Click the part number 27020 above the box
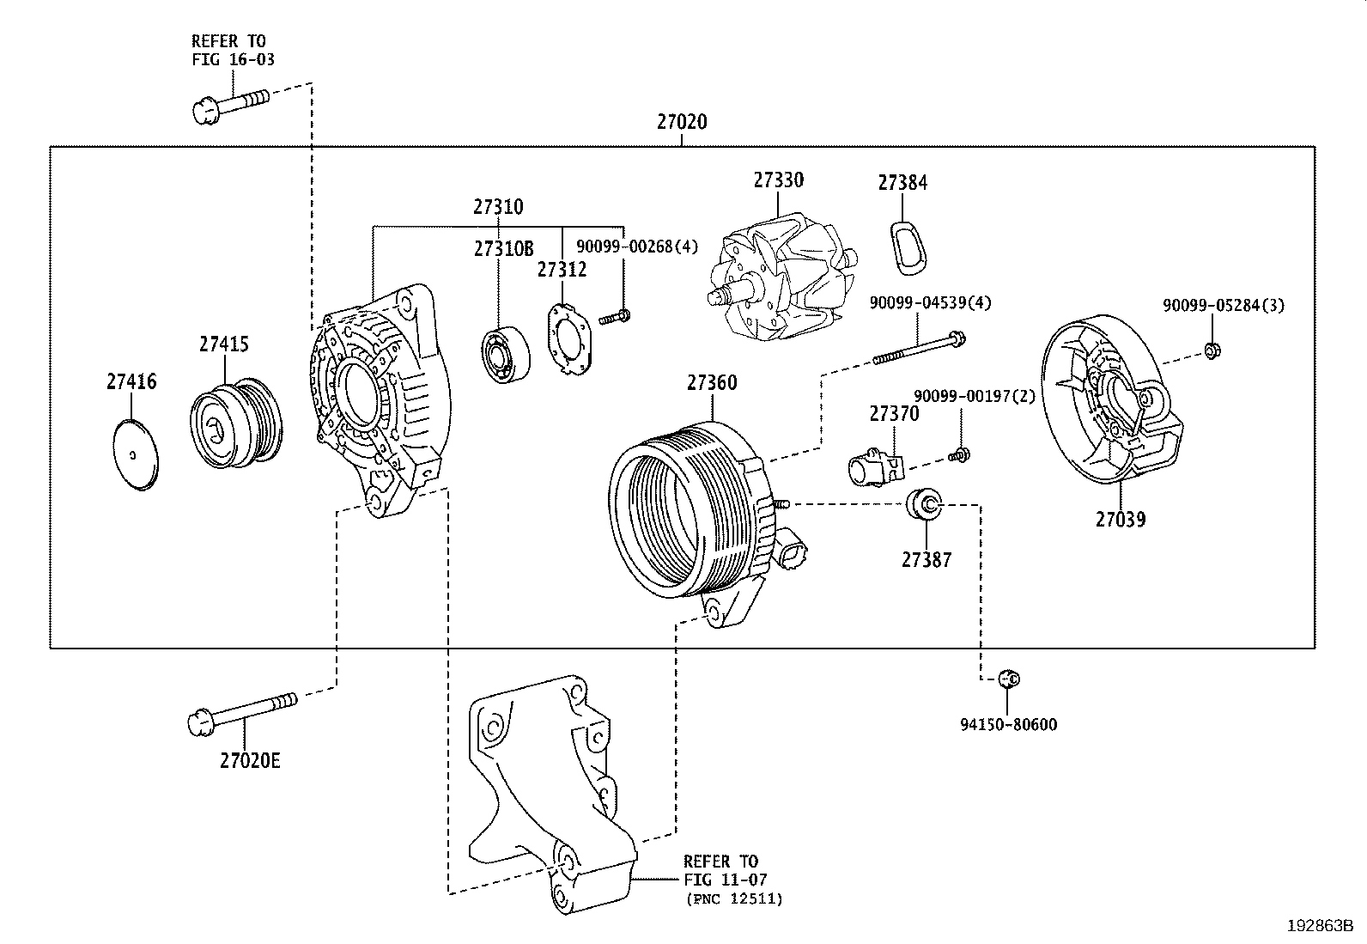point(682,122)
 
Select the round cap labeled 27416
point(137,455)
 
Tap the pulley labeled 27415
point(235,422)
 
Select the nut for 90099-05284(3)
point(1212,350)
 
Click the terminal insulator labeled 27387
point(926,504)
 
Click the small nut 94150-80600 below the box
point(1009,679)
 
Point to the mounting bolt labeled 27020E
point(241,712)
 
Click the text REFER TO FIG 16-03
point(228,50)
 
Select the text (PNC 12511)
point(733,899)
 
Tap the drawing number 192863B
point(1319,926)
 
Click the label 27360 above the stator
point(711,382)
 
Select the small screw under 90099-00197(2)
point(959,454)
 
